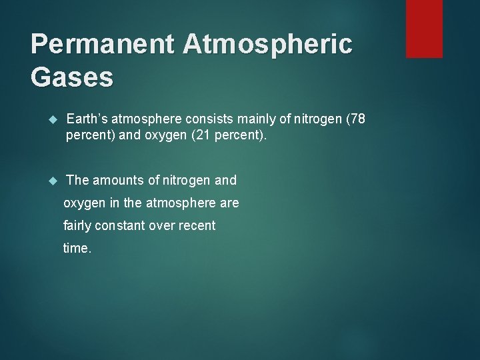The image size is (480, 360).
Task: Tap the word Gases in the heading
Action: (x=72, y=77)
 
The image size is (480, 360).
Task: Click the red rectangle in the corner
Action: (x=424, y=28)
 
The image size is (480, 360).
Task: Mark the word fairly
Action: (x=77, y=225)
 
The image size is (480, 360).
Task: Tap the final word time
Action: (x=76, y=248)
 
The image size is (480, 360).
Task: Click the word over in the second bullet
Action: (x=163, y=225)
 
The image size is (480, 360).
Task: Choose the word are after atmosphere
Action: (x=229, y=203)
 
